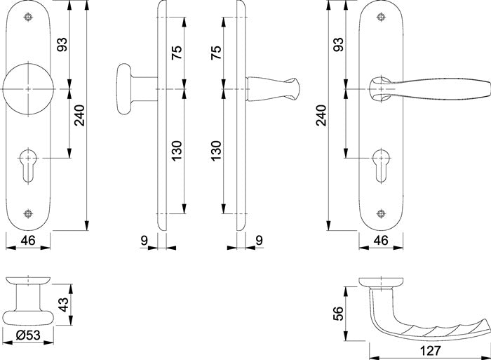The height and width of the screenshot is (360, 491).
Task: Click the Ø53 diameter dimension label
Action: point(28,335)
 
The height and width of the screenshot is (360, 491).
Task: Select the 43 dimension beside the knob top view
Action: point(64,305)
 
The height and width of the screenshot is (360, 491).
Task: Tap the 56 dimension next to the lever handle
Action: point(339,314)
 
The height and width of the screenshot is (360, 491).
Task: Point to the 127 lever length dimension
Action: point(430,351)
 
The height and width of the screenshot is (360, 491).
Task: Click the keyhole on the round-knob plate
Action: point(28,166)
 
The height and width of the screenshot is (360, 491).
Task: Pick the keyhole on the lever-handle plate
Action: point(381,166)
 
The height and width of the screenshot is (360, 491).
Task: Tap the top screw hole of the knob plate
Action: point(28,17)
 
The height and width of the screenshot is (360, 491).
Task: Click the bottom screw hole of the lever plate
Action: point(381,213)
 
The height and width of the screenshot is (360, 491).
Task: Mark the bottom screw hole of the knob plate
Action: point(28,213)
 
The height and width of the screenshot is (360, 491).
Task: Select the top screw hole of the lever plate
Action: point(381,17)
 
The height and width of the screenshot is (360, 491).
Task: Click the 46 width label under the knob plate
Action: point(28,241)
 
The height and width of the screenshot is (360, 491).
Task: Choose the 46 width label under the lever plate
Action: point(381,241)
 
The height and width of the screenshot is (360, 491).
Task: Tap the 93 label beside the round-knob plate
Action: point(62,44)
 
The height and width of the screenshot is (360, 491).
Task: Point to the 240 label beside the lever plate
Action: point(321,116)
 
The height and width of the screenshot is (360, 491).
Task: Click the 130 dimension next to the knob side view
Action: point(177,151)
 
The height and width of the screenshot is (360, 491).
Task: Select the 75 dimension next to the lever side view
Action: point(217,53)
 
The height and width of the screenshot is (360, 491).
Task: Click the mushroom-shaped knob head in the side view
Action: point(123,89)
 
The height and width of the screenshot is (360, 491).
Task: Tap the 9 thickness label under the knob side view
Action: point(144,241)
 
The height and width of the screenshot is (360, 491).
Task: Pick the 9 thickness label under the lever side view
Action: point(260,241)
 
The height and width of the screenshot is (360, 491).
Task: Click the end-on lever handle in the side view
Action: point(273,89)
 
